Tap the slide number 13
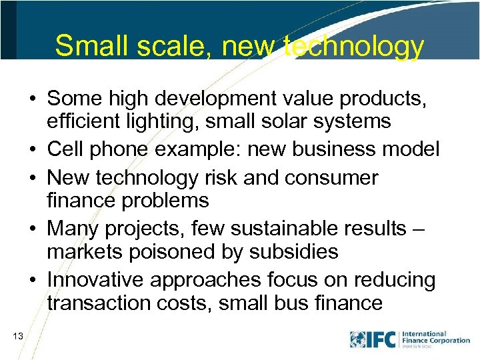pos(18,337)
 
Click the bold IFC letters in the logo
pos(382,339)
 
